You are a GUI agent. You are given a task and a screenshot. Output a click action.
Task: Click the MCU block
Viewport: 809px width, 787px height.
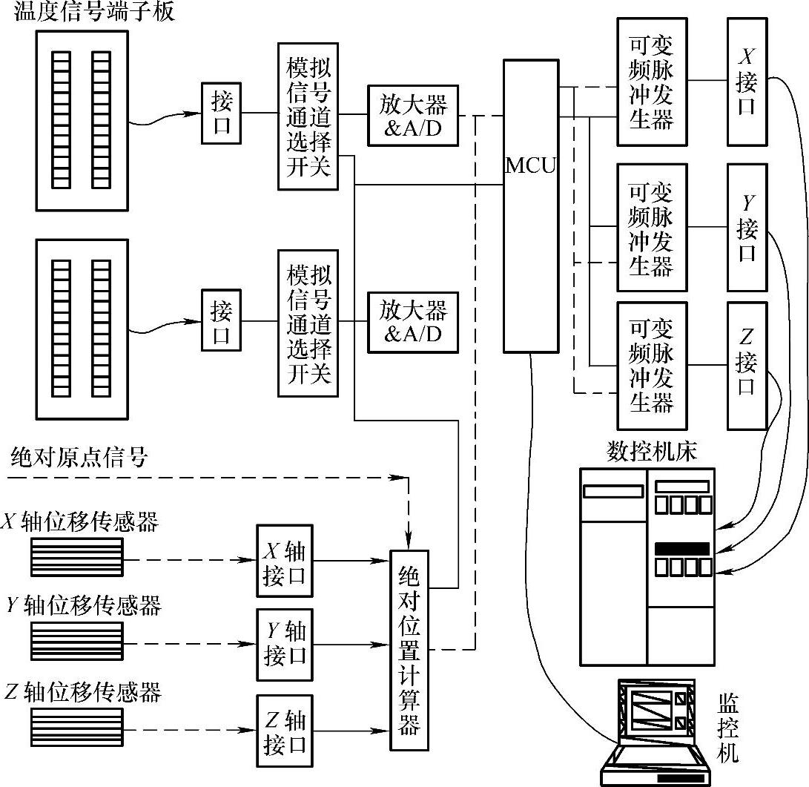530,205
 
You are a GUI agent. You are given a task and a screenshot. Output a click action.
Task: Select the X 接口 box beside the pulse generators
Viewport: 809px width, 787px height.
747,82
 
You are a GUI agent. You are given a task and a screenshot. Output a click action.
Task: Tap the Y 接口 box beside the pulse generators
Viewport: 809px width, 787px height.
747,227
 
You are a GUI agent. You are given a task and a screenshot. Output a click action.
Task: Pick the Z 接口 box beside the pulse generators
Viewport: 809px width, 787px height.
747,365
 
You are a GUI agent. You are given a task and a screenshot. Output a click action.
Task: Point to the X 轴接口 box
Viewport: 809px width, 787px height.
285,563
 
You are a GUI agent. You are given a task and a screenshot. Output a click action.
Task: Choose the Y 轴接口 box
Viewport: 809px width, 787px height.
285,644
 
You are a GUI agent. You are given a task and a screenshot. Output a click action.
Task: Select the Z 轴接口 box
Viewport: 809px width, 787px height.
285,731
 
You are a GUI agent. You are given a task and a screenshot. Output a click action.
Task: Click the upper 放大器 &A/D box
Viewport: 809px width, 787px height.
413,115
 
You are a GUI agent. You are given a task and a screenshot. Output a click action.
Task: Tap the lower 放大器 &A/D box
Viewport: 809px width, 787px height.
413,320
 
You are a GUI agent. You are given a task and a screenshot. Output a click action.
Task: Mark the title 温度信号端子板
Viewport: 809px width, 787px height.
94,12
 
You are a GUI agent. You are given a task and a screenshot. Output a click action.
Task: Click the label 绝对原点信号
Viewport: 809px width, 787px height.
79,458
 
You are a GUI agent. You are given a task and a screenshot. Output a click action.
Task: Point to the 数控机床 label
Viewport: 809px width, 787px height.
652,452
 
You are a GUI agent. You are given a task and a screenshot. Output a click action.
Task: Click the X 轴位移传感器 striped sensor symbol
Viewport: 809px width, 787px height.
76,556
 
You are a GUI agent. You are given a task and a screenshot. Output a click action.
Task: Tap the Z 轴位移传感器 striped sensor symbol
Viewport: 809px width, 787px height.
76,727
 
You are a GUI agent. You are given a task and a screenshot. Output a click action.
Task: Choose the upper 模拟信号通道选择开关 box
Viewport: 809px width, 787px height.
308,115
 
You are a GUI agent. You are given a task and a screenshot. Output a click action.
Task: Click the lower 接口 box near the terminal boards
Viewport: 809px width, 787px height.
221,320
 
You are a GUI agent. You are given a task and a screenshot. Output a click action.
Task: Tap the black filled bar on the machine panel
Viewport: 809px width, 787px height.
681,549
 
